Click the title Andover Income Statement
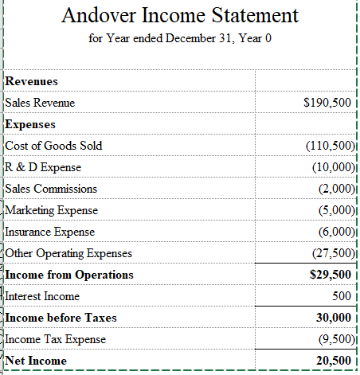pos(180,15)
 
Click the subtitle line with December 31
pos(180,40)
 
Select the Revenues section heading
pos(31,81)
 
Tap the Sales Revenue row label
pos(40,103)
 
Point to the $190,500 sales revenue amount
pos(327,103)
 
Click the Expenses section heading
pos(30,124)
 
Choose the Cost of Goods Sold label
pos(53,146)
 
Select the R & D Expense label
pos(43,167)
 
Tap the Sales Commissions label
pos(51,189)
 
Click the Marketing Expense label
pos(52,210)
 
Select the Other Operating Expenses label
pos(68,253)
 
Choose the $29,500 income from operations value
pos(330,275)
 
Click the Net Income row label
pos(36,361)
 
